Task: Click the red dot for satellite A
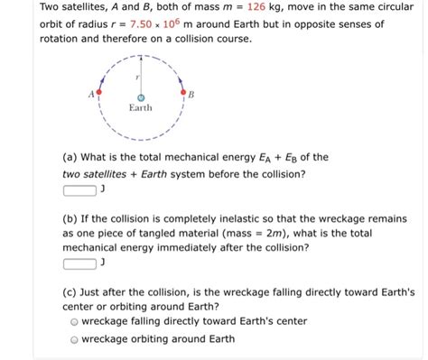[x=100, y=94]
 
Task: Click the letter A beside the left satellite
[x=90, y=92]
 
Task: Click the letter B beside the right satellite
[x=191, y=92]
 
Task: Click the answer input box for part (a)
[x=80, y=189]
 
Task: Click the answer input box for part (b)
[x=80, y=263]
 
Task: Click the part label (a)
[x=72, y=156]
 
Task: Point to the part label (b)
[x=72, y=218]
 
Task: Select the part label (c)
[x=72, y=291]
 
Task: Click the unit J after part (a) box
[x=104, y=189]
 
